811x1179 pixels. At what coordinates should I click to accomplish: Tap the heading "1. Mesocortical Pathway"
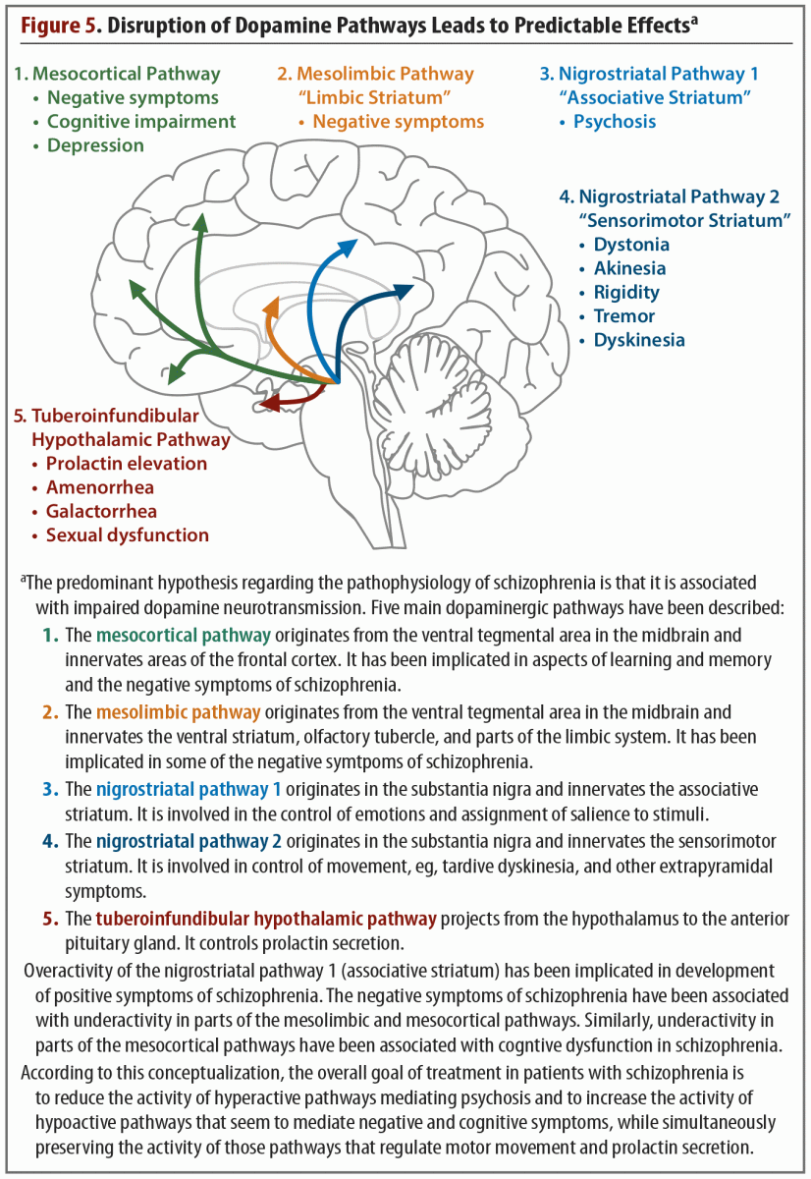pyautogui.click(x=116, y=74)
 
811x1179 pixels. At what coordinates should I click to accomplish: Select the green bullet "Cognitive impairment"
pyautogui.click(x=141, y=122)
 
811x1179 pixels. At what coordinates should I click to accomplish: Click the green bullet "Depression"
pyautogui.click(x=95, y=145)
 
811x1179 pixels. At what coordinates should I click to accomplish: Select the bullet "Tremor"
pyautogui.click(x=624, y=316)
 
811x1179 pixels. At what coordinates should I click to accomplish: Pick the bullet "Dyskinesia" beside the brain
pyautogui.click(x=639, y=340)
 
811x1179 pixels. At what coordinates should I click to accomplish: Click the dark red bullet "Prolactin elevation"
pyautogui.click(x=127, y=464)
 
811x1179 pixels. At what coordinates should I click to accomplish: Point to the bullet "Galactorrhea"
pyautogui.click(x=101, y=511)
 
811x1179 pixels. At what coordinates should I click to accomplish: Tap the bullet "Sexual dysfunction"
pyautogui.click(x=127, y=535)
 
